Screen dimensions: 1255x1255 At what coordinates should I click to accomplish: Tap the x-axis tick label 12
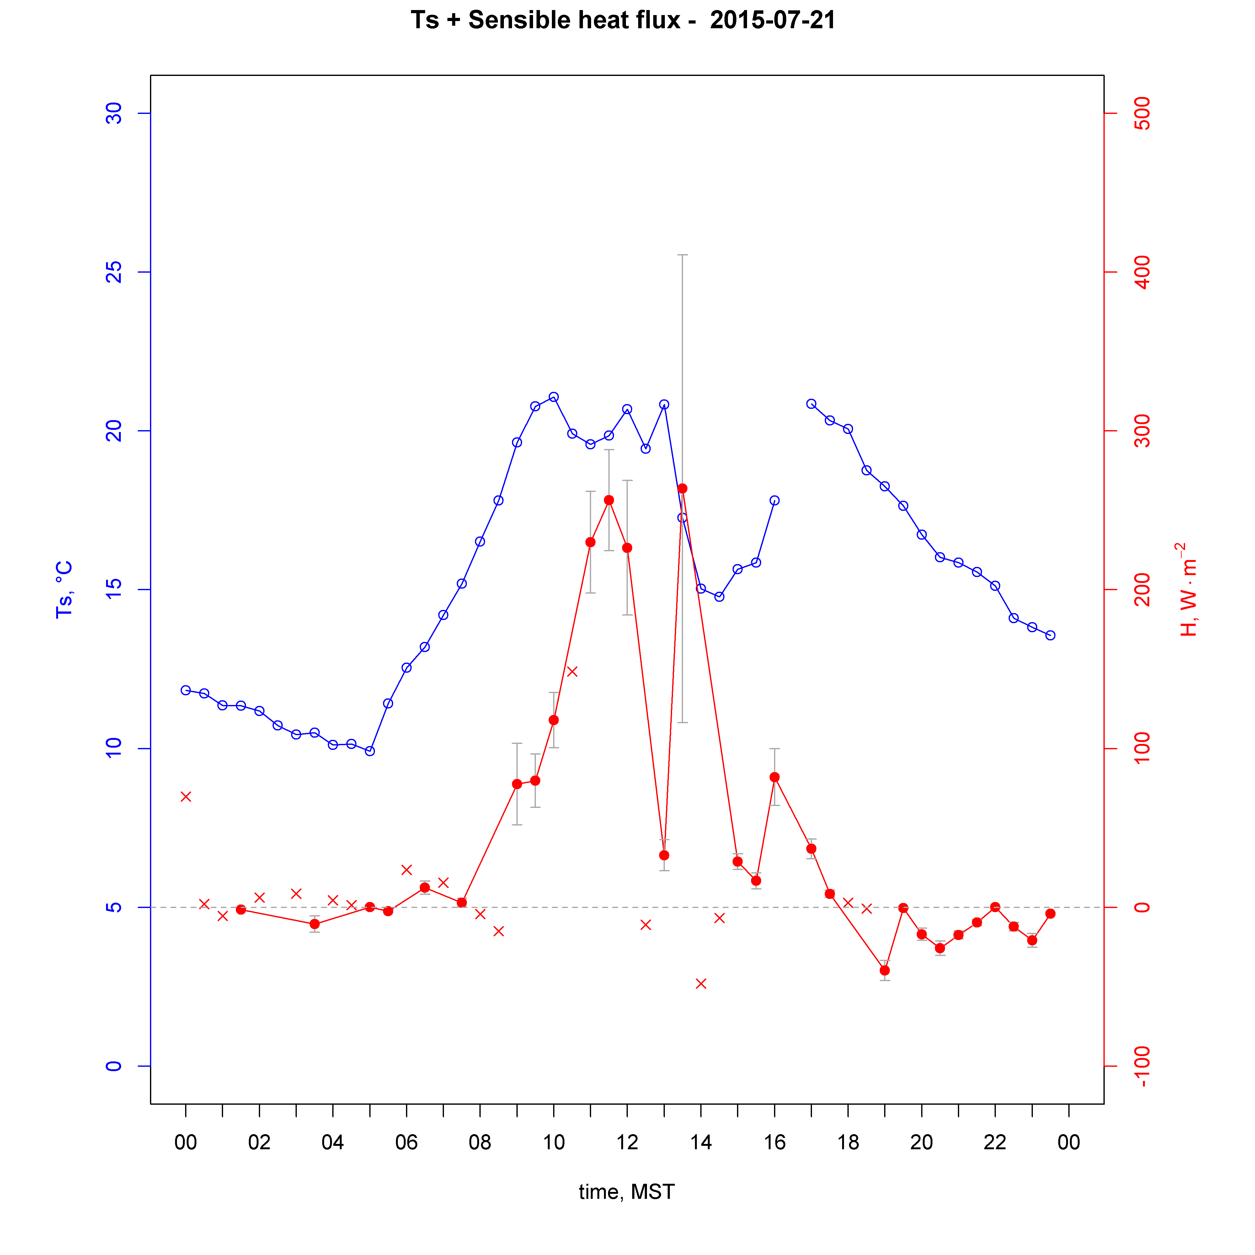coord(627,1142)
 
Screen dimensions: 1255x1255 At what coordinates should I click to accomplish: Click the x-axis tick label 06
coord(406,1142)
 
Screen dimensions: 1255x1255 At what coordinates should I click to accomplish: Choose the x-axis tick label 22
coord(995,1142)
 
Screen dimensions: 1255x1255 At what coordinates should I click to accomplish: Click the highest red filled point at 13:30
coord(682,489)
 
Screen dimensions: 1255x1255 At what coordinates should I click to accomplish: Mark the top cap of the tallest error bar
coord(682,255)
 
